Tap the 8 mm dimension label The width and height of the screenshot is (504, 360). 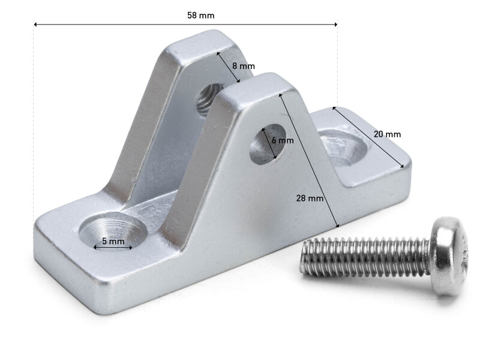pyautogui.click(x=243, y=65)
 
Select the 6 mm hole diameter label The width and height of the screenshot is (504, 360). pyautogui.click(x=282, y=140)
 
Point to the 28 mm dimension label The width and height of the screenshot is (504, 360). pyautogui.click(x=310, y=197)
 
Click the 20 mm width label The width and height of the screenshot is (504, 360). pyautogui.click(x=386, y=134)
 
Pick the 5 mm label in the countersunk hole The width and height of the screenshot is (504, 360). pyautogui.click(x=113, y=241)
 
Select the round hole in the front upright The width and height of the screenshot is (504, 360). pyautogui.click(x=268, y=144)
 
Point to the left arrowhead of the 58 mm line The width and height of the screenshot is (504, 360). pyautogui.click(x=35, y=25)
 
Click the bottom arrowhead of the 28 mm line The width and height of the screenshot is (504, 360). pyautogui.click(x=338, y=226)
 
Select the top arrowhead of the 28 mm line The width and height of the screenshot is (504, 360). pyautogui.click(x=280, y=95)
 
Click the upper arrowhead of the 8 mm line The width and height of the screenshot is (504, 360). pyautogui.click(x=218, y=53)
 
